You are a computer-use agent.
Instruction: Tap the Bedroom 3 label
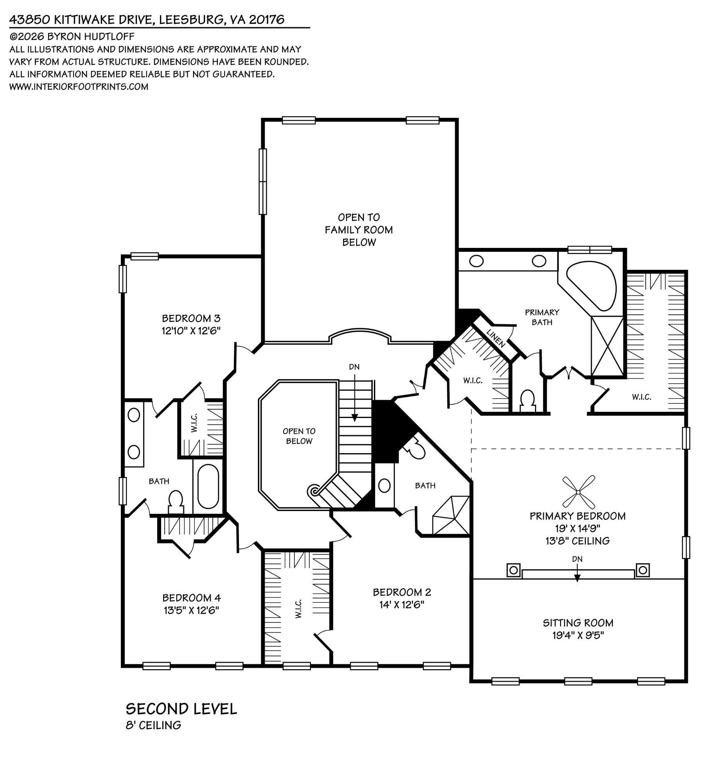[191, 318]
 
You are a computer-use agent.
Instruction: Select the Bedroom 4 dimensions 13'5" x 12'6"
[191, 610]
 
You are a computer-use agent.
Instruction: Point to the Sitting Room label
[578, 622]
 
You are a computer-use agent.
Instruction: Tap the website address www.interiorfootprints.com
[79, 87]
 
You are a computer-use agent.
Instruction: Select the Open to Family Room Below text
[359, 230]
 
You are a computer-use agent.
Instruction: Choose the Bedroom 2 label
[402, 592]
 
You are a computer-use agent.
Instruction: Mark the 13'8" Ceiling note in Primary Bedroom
[578, 541]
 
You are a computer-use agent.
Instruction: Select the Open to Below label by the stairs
[299, 436]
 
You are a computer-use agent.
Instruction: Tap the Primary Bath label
[542, 317]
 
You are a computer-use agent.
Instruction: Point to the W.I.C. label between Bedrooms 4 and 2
[298, 609]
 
